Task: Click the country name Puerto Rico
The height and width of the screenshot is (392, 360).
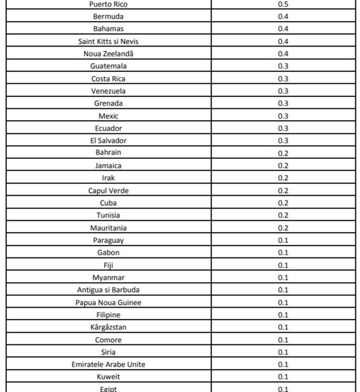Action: [x=108, y=4]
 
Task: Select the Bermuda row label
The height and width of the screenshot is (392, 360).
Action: [x=108, y=16]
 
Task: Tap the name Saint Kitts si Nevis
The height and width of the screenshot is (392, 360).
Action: [x=108, y=41]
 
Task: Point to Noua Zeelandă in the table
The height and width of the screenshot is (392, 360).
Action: [x=108, y=53]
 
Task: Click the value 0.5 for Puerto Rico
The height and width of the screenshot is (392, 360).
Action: [x=283, y=4]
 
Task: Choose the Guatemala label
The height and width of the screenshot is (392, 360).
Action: [x=108, y=66]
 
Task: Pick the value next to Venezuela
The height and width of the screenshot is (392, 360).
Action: [x=283, y=91]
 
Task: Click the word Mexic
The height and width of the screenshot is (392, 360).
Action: [x=108, y=116]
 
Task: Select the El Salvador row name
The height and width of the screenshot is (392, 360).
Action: [x=108, y=141]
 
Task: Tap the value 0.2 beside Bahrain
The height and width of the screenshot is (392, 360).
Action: [x=283, y=153]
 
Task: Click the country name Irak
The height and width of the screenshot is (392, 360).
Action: [x=108, y=178]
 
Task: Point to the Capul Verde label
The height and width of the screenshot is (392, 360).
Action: [x=108, y=190]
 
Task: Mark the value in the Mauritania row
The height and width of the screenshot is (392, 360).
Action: [x=283, y=228]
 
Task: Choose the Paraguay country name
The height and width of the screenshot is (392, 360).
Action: [x=108, y=240]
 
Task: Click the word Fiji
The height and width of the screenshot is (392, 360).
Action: [x=108, y=266]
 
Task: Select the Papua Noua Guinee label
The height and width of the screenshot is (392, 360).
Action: [x=108, y=303]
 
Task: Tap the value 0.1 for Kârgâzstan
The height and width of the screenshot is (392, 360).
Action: [x=283, y=327]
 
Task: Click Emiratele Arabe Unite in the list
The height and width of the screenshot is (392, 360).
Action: [x=108, y=364]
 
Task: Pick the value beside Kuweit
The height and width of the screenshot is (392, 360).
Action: [x=283, y=377]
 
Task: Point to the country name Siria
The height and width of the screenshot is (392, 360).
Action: [x=108, y=352]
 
